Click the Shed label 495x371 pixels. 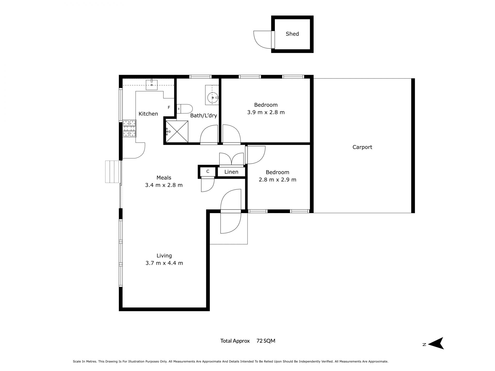tap(292, 34)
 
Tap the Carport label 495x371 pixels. tap(362, 147)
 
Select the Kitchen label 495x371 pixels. tap(148, 114)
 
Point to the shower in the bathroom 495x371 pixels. tap(177, 131)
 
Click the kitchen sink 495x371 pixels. tap(152, 85)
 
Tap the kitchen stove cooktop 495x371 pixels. tap(129, 128)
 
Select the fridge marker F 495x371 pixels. tap(169, 107)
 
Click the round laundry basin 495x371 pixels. tap(213, 98)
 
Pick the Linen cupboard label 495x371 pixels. tap(231, 172)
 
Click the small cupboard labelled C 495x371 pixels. tap(208, 171)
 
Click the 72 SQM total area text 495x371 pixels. tap(266, 341)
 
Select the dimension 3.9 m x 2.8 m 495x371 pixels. tap(266, 112)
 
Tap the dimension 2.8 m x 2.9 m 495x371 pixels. tap(277, 180)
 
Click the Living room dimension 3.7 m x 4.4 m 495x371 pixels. tap(164, 263)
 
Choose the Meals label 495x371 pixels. tap(164, 178)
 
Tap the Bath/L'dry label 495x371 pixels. tap(204, 115)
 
